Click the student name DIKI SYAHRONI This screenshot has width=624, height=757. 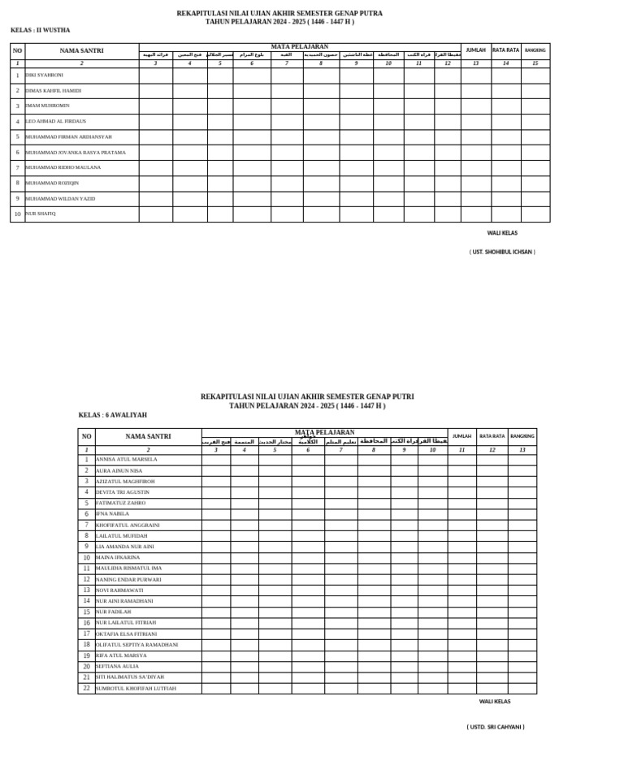coord(44,75)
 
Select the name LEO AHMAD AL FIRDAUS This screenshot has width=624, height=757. coord(56,121)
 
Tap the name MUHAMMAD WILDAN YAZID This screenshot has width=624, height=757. coord(60,198)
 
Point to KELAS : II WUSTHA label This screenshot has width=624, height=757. coord(41,30)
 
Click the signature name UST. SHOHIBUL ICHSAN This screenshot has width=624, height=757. coord(502,252)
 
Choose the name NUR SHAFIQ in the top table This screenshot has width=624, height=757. coord(41,214)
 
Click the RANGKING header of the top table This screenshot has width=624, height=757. coord(535,50)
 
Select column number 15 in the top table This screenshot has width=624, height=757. coord(535,63)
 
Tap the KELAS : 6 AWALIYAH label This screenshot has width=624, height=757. coord(113,415)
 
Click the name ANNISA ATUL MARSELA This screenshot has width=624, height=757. coord(126,460)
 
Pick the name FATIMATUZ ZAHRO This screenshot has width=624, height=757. coord(120,503)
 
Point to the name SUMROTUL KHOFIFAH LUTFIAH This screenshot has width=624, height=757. coord(135,688)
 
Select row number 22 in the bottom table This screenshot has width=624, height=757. coord(86,688)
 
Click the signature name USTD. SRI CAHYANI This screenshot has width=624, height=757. coord(496,727)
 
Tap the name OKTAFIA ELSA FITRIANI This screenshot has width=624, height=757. coord(126,634)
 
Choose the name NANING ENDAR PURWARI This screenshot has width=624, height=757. coord(128,579)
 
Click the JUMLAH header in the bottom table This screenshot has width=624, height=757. coord(461,436)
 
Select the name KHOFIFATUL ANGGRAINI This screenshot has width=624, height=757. coord(128,525)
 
